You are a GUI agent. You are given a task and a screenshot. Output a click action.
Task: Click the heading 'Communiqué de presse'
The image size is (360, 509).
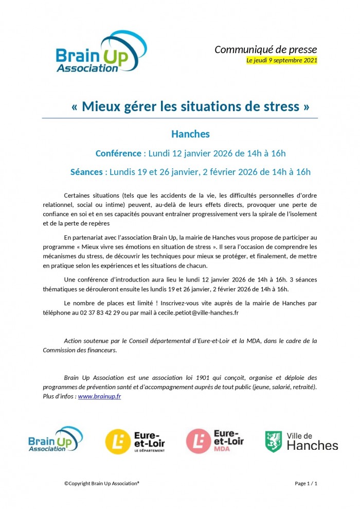tap(265, 49)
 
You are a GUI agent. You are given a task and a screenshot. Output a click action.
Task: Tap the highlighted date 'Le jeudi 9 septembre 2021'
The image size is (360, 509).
tap(282, 60)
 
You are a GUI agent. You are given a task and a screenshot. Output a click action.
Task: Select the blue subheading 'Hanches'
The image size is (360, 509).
tap(190, 134)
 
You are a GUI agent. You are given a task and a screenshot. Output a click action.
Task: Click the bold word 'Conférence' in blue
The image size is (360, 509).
tap(118, 153)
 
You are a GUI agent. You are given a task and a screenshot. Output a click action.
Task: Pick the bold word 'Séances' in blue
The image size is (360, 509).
tap(86, 172)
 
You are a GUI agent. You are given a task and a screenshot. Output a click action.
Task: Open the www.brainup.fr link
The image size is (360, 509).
tap(99, 397)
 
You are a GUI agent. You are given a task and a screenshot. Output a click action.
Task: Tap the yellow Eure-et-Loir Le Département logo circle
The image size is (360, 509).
tap(118, 442)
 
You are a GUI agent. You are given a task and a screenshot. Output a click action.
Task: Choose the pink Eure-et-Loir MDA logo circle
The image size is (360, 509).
tap(198, 442)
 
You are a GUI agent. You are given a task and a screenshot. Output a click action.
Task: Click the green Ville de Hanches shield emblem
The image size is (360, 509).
tap(273, 442)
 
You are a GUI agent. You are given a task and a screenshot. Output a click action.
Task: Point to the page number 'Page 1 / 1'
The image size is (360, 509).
tap(305, 484)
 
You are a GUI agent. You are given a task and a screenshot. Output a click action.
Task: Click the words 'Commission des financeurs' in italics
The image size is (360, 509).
tap(79, 350)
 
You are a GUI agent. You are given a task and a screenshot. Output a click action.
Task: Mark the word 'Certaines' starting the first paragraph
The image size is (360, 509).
tap(78, 196)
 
